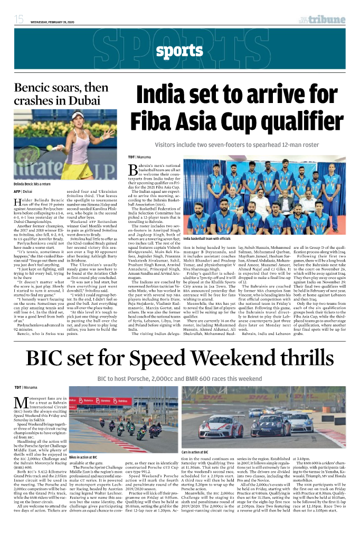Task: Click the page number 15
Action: pos(19,20)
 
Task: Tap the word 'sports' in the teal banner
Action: pos(179,51)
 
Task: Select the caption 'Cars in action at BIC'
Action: pos(195,452)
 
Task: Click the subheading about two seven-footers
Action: pos(238,145)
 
